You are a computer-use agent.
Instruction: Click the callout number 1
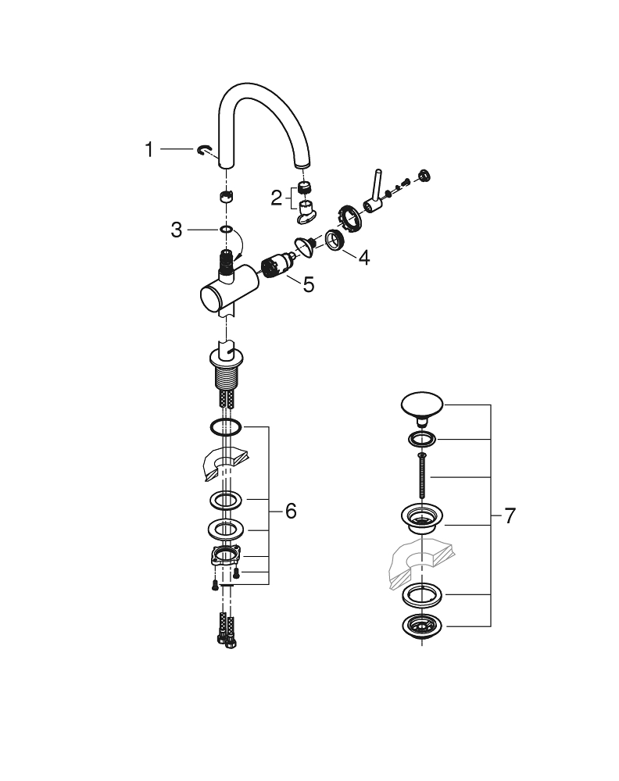pyautogui.click(x=149, y=149)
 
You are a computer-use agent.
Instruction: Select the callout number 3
pyautogui.click(x=177, y=230)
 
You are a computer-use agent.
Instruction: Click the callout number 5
pyautogui.click(x=309, y=285)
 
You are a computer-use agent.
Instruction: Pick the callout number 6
pyautogui.click(x=290, y=511)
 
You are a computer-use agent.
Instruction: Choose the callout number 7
pyautogui.click(x=510, y=515)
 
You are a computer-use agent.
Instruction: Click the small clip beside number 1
pyautogui.click(x=205, y=151)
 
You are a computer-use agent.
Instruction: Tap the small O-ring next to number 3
pyautogui.click(x=225, y=230)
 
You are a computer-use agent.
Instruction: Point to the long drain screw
pyautogui.click(x=422, y=476)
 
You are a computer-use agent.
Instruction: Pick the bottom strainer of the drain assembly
pyautogui.click(x=421, y=625)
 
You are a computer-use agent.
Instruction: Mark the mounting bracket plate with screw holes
pyautogui.click(x=227, y=558)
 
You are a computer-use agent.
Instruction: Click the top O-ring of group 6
pyautogui.click(x=225, y=427)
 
